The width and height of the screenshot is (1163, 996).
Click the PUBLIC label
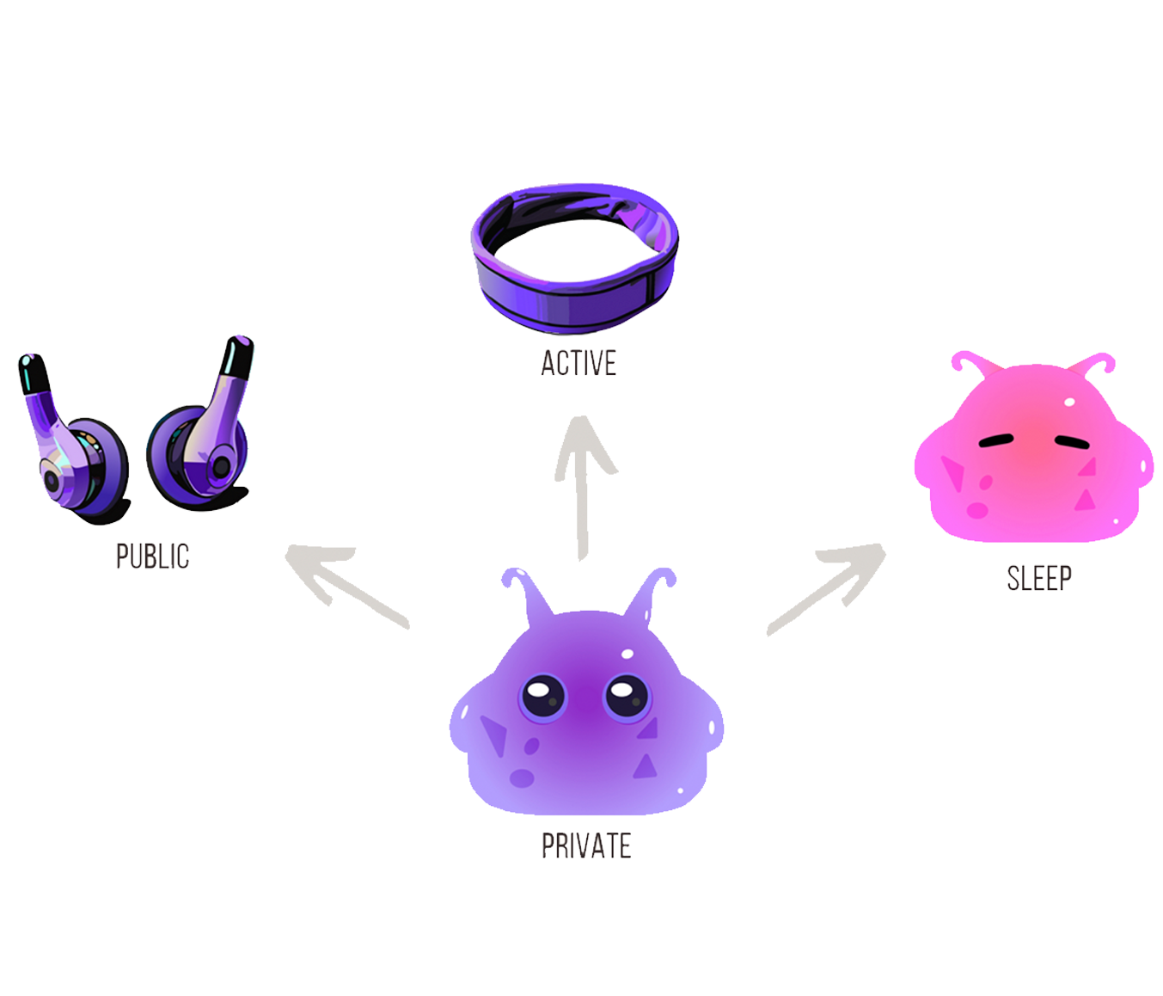[x=152, y=556]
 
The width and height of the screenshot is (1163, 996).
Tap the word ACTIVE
[x=578, y=363]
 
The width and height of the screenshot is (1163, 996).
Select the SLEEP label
[x=1039, y=578]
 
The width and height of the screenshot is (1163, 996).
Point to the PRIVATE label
[x=586, y=846]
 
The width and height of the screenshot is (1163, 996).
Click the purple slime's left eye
[x=543, y=694]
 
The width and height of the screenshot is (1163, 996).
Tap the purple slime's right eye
[x=627, y=694]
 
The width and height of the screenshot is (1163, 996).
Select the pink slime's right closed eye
[x=1071, y=440]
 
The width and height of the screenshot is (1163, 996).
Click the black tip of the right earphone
[x=241, y=349]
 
